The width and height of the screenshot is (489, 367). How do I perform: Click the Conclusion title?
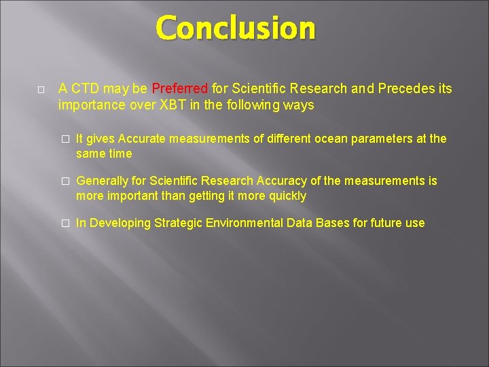(236, 29)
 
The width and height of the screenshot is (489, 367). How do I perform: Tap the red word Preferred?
(180, 89)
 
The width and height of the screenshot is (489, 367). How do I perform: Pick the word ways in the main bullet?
(300, 105)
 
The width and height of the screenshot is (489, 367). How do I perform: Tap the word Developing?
(121, 223)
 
